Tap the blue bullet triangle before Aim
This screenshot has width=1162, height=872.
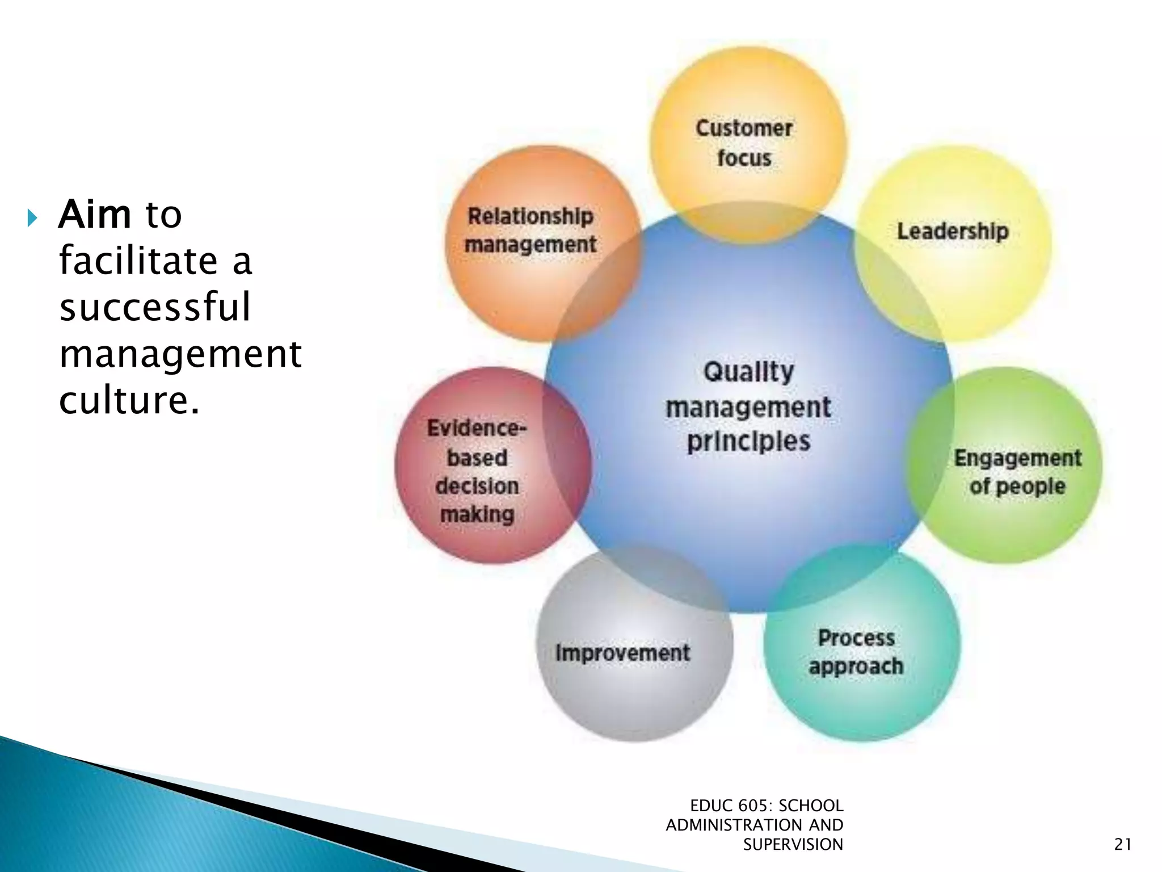pos(32,217)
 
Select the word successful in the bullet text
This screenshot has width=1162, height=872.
pos(154,307)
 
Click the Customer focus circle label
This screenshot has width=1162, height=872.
pos(744,143)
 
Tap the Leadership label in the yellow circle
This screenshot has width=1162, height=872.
pos(953,231)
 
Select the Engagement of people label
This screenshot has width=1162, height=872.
pos(1017,472)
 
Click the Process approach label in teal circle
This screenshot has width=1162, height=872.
pos(856,652)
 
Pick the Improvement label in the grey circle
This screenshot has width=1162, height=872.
pos(623,653)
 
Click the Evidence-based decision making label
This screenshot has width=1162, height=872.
pos(477,471)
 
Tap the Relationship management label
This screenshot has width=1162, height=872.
pos(531,230)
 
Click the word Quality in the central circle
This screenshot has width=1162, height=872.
pos(748,372)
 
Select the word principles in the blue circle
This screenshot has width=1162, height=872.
pos(748,442)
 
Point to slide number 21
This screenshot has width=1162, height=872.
pos(1123,845)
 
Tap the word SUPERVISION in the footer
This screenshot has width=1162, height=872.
pos(793,845)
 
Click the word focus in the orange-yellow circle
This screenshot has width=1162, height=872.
pos(744,158)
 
